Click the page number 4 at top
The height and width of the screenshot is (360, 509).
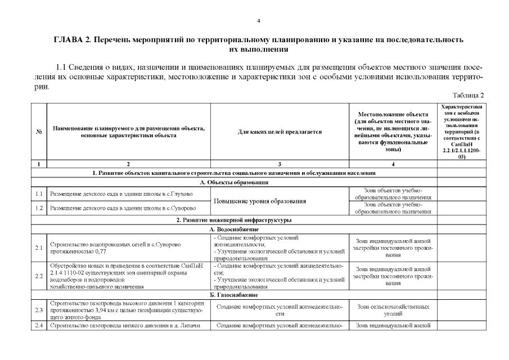258,21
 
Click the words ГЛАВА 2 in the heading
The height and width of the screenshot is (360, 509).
71,40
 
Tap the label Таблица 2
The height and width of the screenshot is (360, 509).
469,95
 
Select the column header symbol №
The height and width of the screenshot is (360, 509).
39,132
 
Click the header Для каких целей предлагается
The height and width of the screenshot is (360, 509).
280,132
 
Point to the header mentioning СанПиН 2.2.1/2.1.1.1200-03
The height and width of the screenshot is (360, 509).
461,132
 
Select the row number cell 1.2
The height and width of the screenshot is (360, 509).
39,208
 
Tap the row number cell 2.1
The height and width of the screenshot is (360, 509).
39,247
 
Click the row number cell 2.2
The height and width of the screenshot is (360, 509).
39,276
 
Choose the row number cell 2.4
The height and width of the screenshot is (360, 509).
39,325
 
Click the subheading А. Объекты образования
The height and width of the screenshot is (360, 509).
234,182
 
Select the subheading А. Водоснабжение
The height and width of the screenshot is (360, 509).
234,229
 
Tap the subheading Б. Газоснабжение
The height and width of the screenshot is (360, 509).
234,295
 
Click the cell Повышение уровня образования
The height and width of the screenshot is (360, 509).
259,201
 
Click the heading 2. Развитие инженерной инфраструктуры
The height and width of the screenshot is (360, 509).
234,220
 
